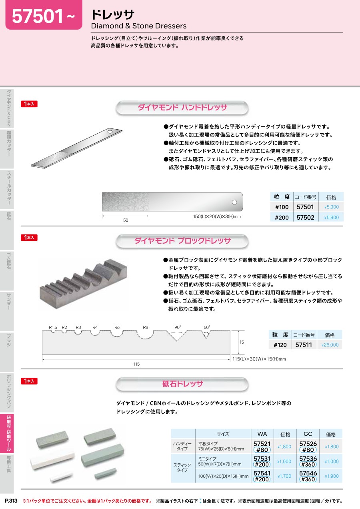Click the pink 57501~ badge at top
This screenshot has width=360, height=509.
(44, 15)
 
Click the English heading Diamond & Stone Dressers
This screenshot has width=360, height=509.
(138, 26)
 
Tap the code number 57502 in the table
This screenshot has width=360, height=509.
(305, 217)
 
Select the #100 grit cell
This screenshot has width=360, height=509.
(282, 207)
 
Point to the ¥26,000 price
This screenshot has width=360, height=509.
(330, 345)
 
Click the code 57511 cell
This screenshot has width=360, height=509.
(304, 345)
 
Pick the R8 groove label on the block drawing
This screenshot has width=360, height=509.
(145, 327)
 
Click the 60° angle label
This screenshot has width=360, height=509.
(207, 327)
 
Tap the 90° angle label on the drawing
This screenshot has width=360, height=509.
(178, 327)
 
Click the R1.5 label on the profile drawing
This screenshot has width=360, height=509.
(53, 327)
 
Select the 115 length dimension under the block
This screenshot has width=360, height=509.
(136, 364)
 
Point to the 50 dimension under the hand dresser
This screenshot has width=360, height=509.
(126, 220)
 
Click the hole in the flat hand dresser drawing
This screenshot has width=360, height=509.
(234, 202)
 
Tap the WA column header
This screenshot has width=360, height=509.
(262, 434)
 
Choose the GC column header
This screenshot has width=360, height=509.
(308, 434)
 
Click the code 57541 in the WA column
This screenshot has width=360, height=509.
(262, 473)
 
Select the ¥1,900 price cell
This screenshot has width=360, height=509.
(332, 476)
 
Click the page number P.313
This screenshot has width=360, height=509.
(11, 501)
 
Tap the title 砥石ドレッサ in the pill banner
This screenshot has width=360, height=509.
(182, 384)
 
